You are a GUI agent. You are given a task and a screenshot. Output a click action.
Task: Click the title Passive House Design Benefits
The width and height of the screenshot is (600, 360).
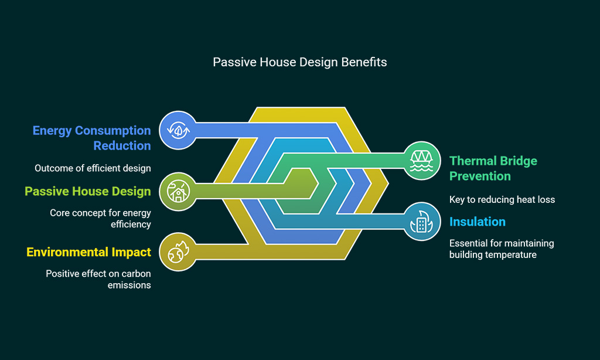tap(299, 62)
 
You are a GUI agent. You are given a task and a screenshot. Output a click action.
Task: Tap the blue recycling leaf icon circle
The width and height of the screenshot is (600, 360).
tap(178, 130)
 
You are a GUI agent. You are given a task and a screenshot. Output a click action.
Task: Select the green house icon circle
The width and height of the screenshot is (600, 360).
tap(178, 191)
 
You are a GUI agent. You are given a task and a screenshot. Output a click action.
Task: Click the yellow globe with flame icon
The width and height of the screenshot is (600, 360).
tap(178, 252)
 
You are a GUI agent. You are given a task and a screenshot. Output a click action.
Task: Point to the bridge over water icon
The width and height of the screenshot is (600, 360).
tap(422, 161)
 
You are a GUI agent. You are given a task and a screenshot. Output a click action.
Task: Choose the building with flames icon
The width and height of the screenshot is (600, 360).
tap(422, 222)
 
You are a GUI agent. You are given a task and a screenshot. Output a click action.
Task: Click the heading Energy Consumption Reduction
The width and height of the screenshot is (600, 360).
tap(91, 138)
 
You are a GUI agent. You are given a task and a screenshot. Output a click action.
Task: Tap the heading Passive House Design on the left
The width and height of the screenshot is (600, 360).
tap(88, 191)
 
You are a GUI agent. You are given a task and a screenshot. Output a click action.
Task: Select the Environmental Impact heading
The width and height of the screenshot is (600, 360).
tap(89, 252)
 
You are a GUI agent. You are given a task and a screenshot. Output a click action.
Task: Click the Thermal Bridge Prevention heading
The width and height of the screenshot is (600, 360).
tap(493, 168)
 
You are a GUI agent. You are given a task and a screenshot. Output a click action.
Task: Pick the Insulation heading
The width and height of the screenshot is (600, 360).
tap(477, 222)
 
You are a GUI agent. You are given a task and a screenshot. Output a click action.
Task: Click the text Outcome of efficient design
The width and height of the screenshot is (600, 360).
tap(93, 168)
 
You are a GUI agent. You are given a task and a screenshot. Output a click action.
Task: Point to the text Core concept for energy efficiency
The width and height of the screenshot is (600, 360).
tap(100, 218)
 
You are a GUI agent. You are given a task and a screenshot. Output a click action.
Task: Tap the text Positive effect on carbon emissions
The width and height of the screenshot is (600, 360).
tap(98, 279)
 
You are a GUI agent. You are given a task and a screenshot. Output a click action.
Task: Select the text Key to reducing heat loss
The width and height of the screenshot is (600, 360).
tap(502, 199)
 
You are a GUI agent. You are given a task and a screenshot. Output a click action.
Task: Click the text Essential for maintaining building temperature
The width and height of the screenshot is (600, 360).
tap(502, 249)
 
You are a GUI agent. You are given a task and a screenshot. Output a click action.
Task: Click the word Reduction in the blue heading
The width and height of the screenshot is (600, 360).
tap(122, 145)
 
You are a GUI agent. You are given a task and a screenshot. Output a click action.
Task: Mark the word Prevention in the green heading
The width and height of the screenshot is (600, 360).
tap(480, 176)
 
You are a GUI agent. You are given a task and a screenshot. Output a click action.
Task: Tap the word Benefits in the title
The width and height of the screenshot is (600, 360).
tap(364, 62)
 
